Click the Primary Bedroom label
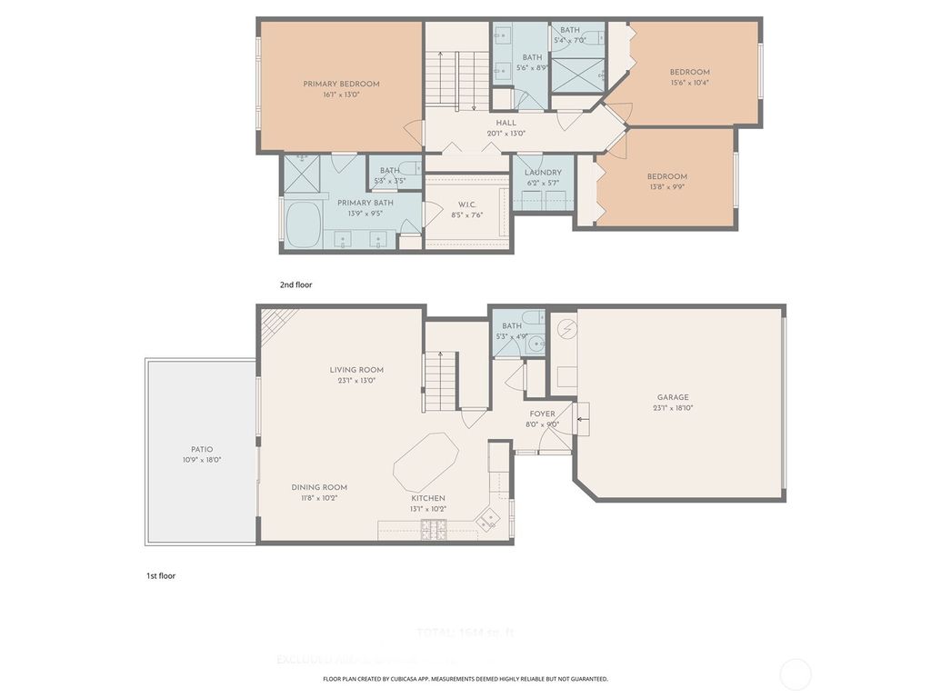tap(341, 84)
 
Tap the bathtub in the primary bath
tap(303, 224)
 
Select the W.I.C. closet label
tap(465, 204)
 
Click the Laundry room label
tap(544, 172)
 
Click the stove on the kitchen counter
tap(433, 529)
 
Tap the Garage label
tap(673, 397)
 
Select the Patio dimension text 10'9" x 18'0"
tap(201, 460)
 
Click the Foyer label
tap(542, 414)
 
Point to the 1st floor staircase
tap(442, 381)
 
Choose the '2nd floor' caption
tap(295, 284)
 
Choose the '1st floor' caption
tap(161, 575)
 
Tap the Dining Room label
tap(319, 487)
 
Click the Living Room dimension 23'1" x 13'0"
tap(356, 381)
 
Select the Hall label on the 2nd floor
tap(506, 123)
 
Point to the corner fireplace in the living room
tap(278, 324)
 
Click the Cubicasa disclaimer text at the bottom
tap(465, 679)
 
